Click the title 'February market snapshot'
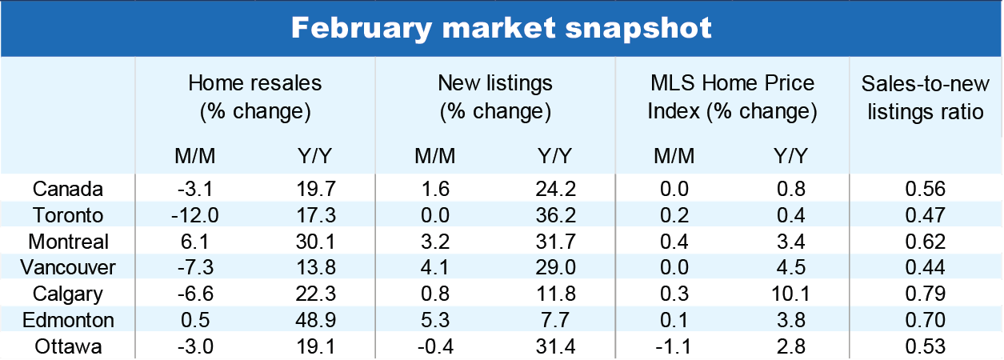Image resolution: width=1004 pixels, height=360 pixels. [501, 28]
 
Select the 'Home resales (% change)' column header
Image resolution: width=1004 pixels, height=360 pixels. [254, 97]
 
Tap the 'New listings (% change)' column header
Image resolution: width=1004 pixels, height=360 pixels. [494, 97]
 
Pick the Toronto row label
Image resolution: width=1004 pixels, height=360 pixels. [68, 215]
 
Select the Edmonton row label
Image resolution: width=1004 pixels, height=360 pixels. [68, 320]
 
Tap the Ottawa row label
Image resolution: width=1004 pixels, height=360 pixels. [68, 346]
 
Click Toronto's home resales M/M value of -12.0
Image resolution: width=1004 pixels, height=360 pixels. [195, 215]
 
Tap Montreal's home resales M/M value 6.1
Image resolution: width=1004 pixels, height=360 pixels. [195, 242]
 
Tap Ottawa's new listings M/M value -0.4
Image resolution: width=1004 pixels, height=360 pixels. [434, 346]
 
